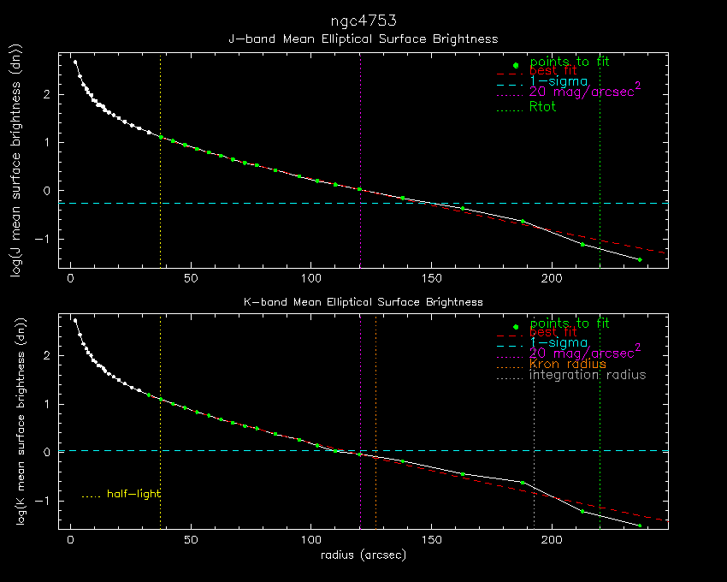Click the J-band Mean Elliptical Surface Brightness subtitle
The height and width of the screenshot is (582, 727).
point(363,39)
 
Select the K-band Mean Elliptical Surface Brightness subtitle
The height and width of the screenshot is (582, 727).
point(363,302)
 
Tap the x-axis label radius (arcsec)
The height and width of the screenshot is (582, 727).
point(363,555)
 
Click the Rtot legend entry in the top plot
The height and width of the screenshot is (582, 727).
point(543,107)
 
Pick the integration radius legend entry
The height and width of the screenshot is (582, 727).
point(588,375)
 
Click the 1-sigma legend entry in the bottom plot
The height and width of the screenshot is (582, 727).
point(558,342)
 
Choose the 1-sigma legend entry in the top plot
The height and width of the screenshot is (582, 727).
point(558,80)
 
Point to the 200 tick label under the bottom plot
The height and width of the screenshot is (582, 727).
point(552,541)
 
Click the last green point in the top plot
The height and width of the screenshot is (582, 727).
point(639,259)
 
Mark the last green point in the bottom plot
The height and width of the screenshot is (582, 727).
point(639,526)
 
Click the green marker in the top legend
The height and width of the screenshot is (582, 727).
point(516,65)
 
